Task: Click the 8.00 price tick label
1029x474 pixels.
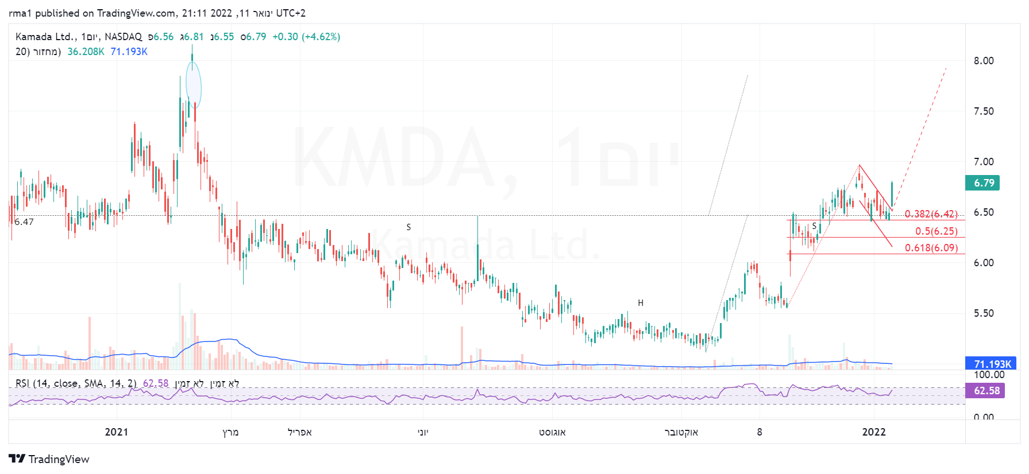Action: point(983,61)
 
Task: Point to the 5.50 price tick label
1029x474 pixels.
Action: point(983,313)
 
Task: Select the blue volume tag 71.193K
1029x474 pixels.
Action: point(992,364)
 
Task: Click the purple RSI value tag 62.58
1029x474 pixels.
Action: point(986,391)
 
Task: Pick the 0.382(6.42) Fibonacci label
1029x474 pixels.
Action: point(931,214)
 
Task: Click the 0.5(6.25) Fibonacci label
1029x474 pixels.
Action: point(936,231)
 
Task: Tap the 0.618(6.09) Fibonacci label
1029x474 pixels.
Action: point(931,248)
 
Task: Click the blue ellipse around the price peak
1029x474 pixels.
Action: point(194,85)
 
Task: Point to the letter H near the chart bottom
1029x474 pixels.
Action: point(641,303)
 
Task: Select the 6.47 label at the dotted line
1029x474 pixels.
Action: point(24,222)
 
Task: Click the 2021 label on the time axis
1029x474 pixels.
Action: point(116,432)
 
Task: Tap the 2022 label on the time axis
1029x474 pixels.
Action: point(873,432)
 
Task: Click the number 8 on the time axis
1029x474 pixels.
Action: point(760,432)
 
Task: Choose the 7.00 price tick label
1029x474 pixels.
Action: point(983,162)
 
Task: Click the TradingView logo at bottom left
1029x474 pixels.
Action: point(49,459)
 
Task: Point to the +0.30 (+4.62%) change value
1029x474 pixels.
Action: point(306,37)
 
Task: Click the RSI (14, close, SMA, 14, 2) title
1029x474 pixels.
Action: point(76,383)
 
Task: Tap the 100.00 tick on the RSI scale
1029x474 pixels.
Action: point(988,375)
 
